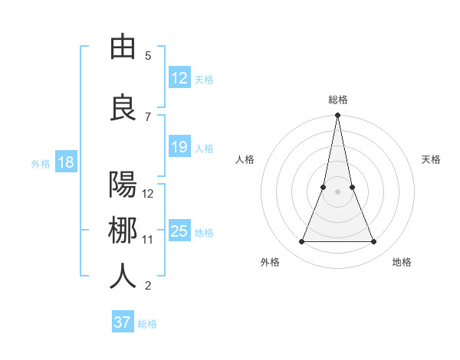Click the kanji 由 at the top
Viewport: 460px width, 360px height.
click(x=123, y=48)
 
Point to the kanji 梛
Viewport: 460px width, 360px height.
click(x=123, y=231)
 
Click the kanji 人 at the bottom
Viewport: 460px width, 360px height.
click(x=123, y=277)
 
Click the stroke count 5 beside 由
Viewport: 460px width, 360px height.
click(x=148, y=56)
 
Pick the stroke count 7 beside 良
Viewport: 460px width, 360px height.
click(x=148, y=116)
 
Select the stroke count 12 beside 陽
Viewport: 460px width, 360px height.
click(x=148, y=193)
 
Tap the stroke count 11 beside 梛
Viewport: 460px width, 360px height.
click(x=148, y=239)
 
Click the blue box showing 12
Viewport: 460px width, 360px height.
click(x=179, y=78)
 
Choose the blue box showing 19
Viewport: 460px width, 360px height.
click(x=179, y=147)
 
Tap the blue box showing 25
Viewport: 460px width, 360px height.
click(x=179, y=231)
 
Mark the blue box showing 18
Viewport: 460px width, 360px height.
click(x=65, y=162)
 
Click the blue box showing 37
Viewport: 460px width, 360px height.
click(x=122, y=322)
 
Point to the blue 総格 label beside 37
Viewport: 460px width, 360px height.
click(x=147, y=324)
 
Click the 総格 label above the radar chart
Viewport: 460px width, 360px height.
click(x=337, y=100)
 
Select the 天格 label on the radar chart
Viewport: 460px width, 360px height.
click(x=432, y=159)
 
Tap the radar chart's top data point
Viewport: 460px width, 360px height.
click(x=337, y=116)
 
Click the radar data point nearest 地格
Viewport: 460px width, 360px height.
click(x=374, y=242)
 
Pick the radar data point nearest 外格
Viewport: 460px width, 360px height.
click(x=301, y=242)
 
